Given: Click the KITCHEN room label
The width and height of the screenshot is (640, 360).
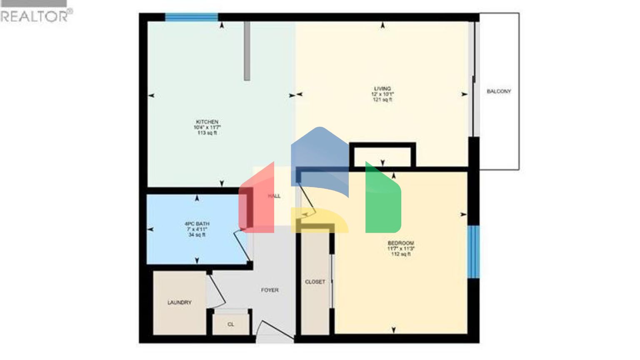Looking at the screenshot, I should click(207, 122).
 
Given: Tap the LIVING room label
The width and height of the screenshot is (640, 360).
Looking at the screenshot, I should click(382, 88).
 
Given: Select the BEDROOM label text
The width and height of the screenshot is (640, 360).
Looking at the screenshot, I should click(400, 243).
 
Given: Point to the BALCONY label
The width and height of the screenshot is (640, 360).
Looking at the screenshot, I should click(499, 91).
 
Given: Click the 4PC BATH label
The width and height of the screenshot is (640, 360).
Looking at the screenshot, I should click(197, 224).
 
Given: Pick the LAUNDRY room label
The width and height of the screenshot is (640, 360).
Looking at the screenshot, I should click(180, 302).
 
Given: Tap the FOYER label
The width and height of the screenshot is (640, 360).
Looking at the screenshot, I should click(270, 290).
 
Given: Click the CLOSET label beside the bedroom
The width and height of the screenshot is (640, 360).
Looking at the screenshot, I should click(315, 282).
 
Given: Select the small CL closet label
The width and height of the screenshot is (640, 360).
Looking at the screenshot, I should click(231, 324).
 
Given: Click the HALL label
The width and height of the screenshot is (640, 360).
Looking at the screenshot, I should click(274, 196).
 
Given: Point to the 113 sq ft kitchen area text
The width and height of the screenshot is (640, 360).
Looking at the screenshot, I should click(207, 133).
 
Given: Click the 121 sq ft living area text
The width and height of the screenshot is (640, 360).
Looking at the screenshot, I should click(382, 100).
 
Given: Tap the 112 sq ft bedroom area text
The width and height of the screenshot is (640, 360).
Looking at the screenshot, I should click(400, 254).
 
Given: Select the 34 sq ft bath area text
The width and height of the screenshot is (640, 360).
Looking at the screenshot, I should click(197, 235).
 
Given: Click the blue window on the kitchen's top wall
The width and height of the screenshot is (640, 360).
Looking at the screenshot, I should click(191, 17).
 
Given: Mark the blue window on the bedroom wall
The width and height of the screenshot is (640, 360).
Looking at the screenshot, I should click(473, 252).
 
